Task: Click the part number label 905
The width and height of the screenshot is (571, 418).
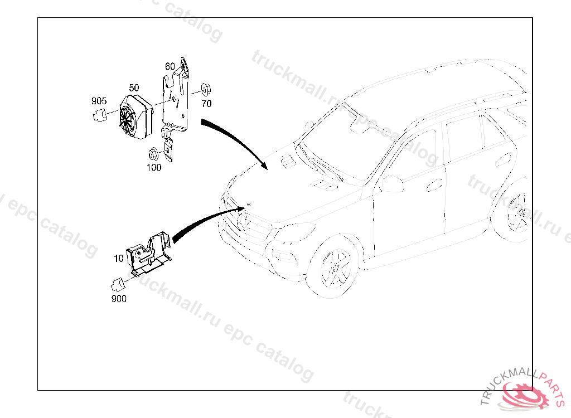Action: pyautogui.click(x=99, y=101)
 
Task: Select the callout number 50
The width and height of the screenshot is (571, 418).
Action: pyautogui.click(x=134, y=88)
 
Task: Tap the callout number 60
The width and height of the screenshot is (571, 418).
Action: pyautogui.click(x=170, y=66)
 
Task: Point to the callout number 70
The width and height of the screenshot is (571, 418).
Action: pyautogui.click(x=206, y=104)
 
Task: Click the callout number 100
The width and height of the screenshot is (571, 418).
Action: pyautogui.click(x=154, y=167)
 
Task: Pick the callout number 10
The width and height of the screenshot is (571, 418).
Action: pyautogui.click(x=118, y=259)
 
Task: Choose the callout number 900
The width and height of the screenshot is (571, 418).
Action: pyautogui.click(x=119, y=299)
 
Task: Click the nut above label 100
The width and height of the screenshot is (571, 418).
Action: pyautogui.click(x=152, y=153)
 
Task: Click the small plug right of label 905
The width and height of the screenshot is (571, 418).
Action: pyautogui.click(x=101, y=115)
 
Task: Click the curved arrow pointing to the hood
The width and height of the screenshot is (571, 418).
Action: pyautogui.click(x=235, y=139)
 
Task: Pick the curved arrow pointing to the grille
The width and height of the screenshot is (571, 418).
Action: pyautogui.click(x=207, y=221)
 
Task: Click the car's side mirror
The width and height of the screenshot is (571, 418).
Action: pyautogui.click(x=391, y=183)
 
